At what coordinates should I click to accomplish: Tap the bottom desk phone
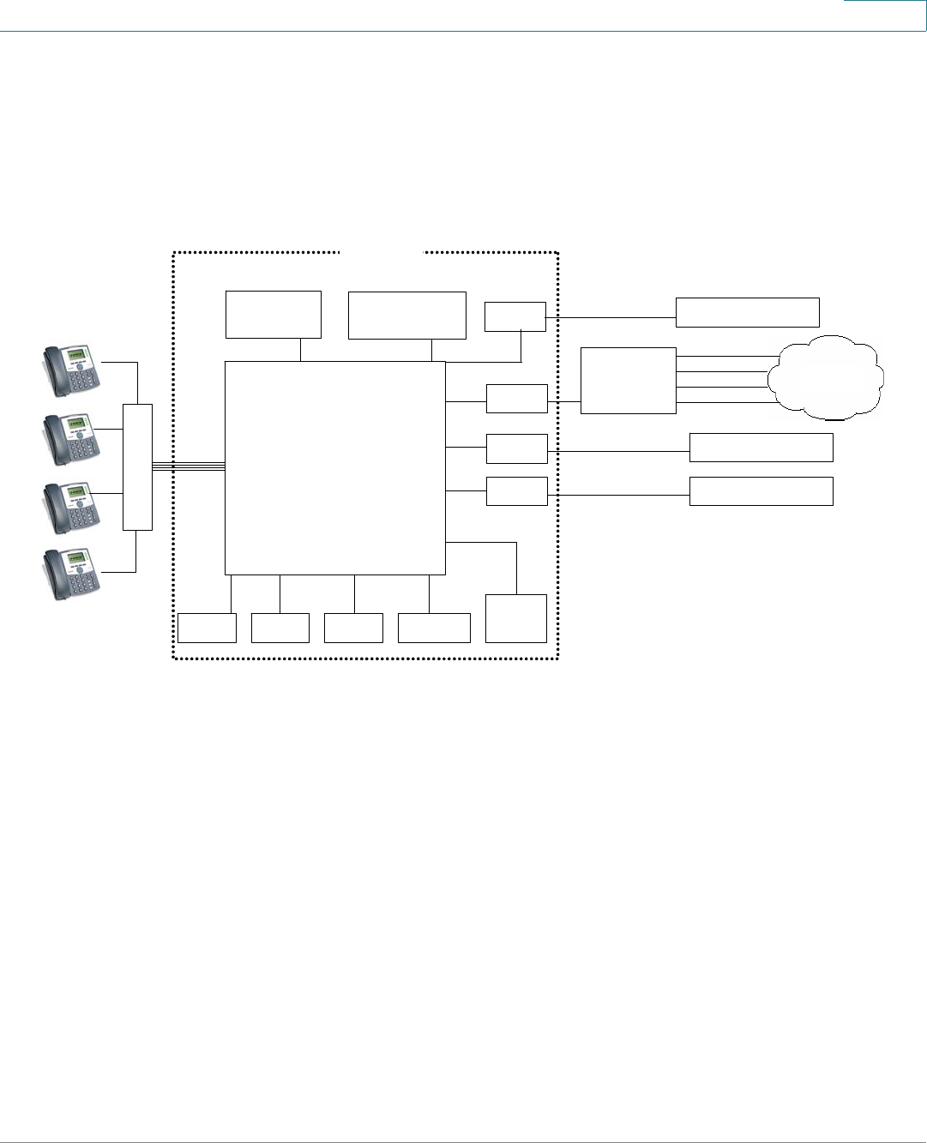72,575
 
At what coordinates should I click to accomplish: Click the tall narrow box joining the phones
137,466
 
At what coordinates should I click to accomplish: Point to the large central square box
335,467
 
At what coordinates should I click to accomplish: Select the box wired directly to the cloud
628,381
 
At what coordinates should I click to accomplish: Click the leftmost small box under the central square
207,628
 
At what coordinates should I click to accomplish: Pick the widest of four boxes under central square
434,628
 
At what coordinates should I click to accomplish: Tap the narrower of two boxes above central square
273,315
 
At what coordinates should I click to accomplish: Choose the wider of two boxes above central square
406,315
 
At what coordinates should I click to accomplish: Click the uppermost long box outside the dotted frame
747,312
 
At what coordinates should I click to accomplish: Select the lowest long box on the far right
761,491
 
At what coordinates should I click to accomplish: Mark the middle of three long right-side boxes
761,448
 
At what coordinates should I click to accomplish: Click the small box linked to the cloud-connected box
516,399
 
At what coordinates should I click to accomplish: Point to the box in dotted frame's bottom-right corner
515,617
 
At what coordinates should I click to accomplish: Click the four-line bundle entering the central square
189,466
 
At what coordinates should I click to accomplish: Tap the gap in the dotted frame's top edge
382,252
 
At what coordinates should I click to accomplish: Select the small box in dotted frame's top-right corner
515,316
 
